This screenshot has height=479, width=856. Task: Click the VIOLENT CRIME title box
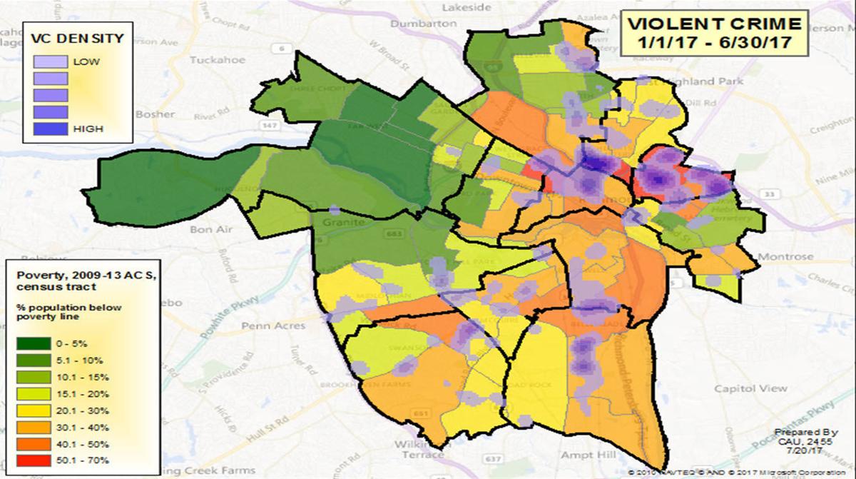[x=713, y=33]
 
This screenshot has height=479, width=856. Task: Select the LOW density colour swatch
[x=51, y=62]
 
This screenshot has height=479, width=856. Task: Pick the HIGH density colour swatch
[x=51, y=128]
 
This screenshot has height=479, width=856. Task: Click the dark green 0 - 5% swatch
[x=34, y=343]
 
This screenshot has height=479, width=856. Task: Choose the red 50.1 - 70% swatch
[x=34, y=460]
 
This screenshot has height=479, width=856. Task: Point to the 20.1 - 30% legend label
[x=83, y=410]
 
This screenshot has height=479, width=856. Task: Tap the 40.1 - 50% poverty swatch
[x=34, y=444]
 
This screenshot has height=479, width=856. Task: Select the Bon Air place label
[x=211, y=230]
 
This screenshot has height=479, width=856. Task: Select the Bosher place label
[x=154, y=114]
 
